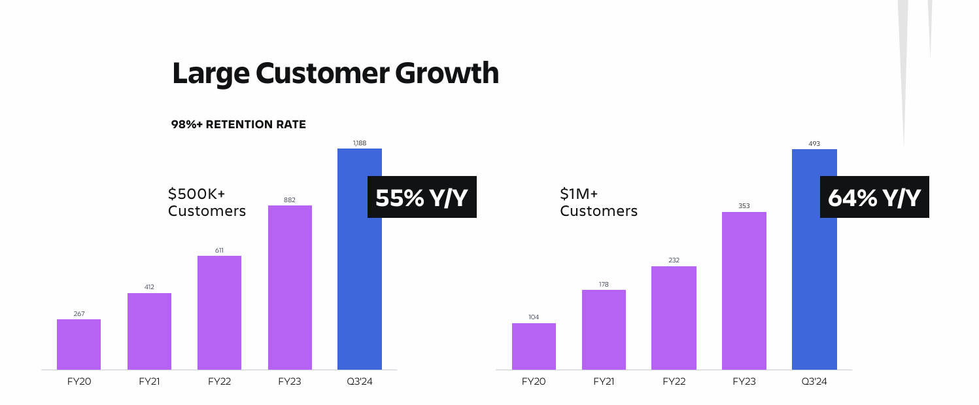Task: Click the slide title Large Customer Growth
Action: pos(335,73)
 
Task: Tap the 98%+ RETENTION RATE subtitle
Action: pos(238,124)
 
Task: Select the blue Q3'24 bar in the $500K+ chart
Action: pos(359,275)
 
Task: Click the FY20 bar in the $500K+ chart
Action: pos(78,345)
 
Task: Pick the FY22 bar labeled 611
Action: pos(219,313)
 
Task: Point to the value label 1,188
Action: pos(359,142)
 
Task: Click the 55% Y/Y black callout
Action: pos(422,197)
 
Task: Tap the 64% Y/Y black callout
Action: pos(874,197)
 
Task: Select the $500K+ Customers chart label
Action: pos(207,202)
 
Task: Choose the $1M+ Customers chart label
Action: pos(598,202)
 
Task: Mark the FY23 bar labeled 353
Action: pos(744,291)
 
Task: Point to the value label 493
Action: pos(814,143)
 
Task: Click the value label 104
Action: pos(534,317)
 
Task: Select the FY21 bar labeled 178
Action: pos(604,330)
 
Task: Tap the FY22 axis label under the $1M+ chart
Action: pos(674,381)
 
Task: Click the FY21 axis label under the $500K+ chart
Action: pos(149,381)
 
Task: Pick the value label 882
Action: pos(290,200)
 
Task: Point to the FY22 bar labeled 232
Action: pos(674,318)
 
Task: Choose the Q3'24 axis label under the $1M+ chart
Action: pos(814,381)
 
